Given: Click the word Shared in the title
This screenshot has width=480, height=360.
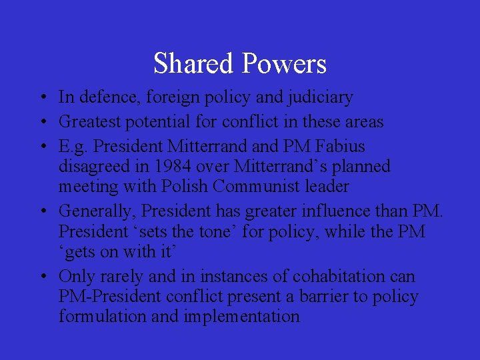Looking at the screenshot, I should [x=194, y=63].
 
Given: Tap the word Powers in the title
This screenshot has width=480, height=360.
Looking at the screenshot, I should [x=284, y=63].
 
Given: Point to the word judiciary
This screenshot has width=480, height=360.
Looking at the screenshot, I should [x=319, y=97].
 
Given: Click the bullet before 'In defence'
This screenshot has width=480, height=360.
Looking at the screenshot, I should [x=42, y=98].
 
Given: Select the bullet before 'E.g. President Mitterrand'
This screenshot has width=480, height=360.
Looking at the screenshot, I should [x=42, y=146].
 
